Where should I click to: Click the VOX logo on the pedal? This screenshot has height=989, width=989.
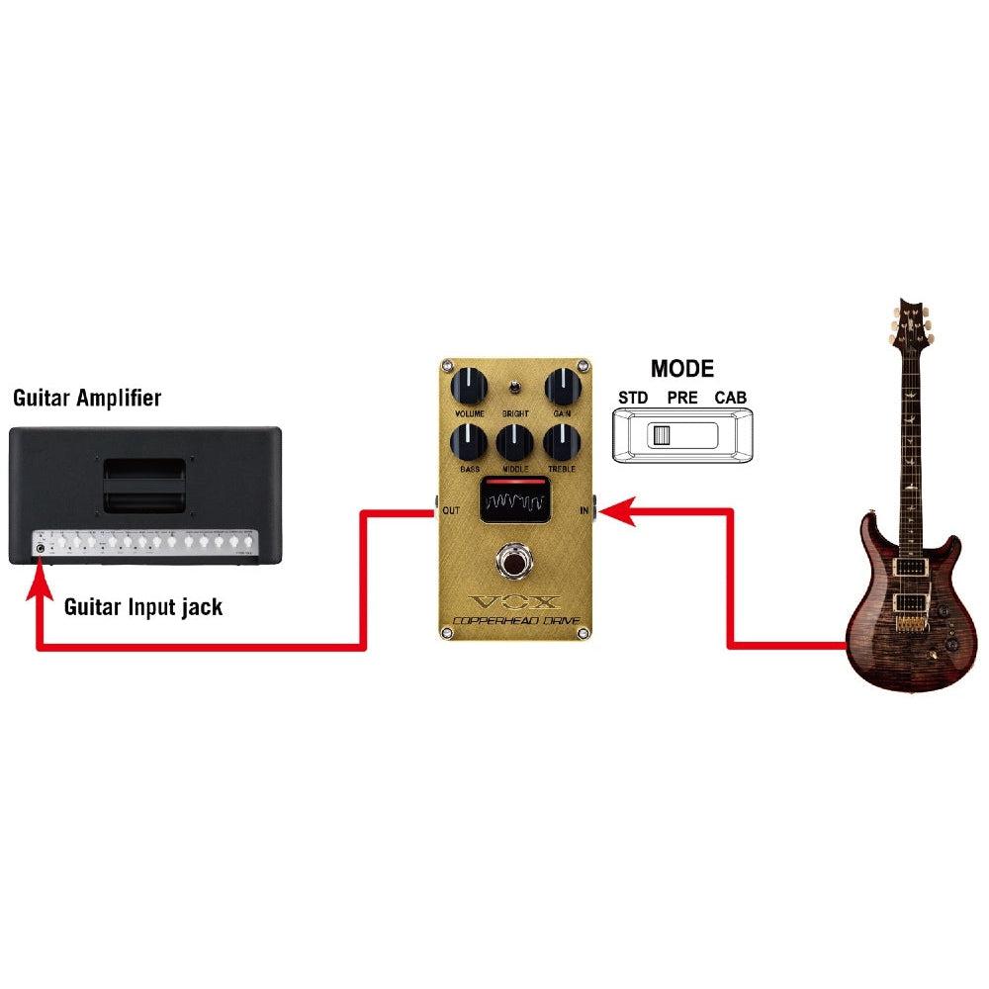click(x=513, y=600)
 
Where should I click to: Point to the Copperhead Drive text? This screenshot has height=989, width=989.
click(x=513, y=623)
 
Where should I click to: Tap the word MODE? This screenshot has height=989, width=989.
click(x=681, y=369)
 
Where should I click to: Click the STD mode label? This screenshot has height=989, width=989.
click(x=633, y=398)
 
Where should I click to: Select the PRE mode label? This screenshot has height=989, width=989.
click(x=682, y=398)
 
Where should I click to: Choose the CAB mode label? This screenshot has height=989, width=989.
click(x=731, y=398)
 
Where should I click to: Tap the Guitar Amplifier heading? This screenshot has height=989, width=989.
click(x=87, y=399)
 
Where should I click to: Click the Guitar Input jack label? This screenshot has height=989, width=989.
click(x=143, y=606)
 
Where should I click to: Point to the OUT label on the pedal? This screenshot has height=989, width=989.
click(x=451, y=511)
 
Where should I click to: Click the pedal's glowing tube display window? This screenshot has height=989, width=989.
click(x=514, y=499)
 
